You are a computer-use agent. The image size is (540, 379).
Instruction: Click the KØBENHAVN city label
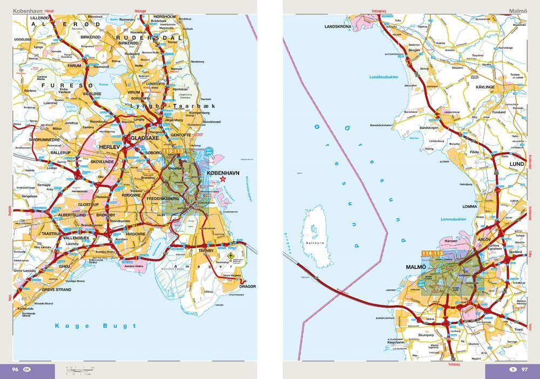(222, 172)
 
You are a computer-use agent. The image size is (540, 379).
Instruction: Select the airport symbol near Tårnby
(232, 255)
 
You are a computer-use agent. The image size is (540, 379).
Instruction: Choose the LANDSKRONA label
(337, 26)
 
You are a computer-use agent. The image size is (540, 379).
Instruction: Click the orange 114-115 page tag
(432, 253)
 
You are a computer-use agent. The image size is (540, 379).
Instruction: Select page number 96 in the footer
(16, 369)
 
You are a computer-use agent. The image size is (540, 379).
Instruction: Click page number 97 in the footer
(524, 369)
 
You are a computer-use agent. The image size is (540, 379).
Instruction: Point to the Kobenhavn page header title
(28, 10)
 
